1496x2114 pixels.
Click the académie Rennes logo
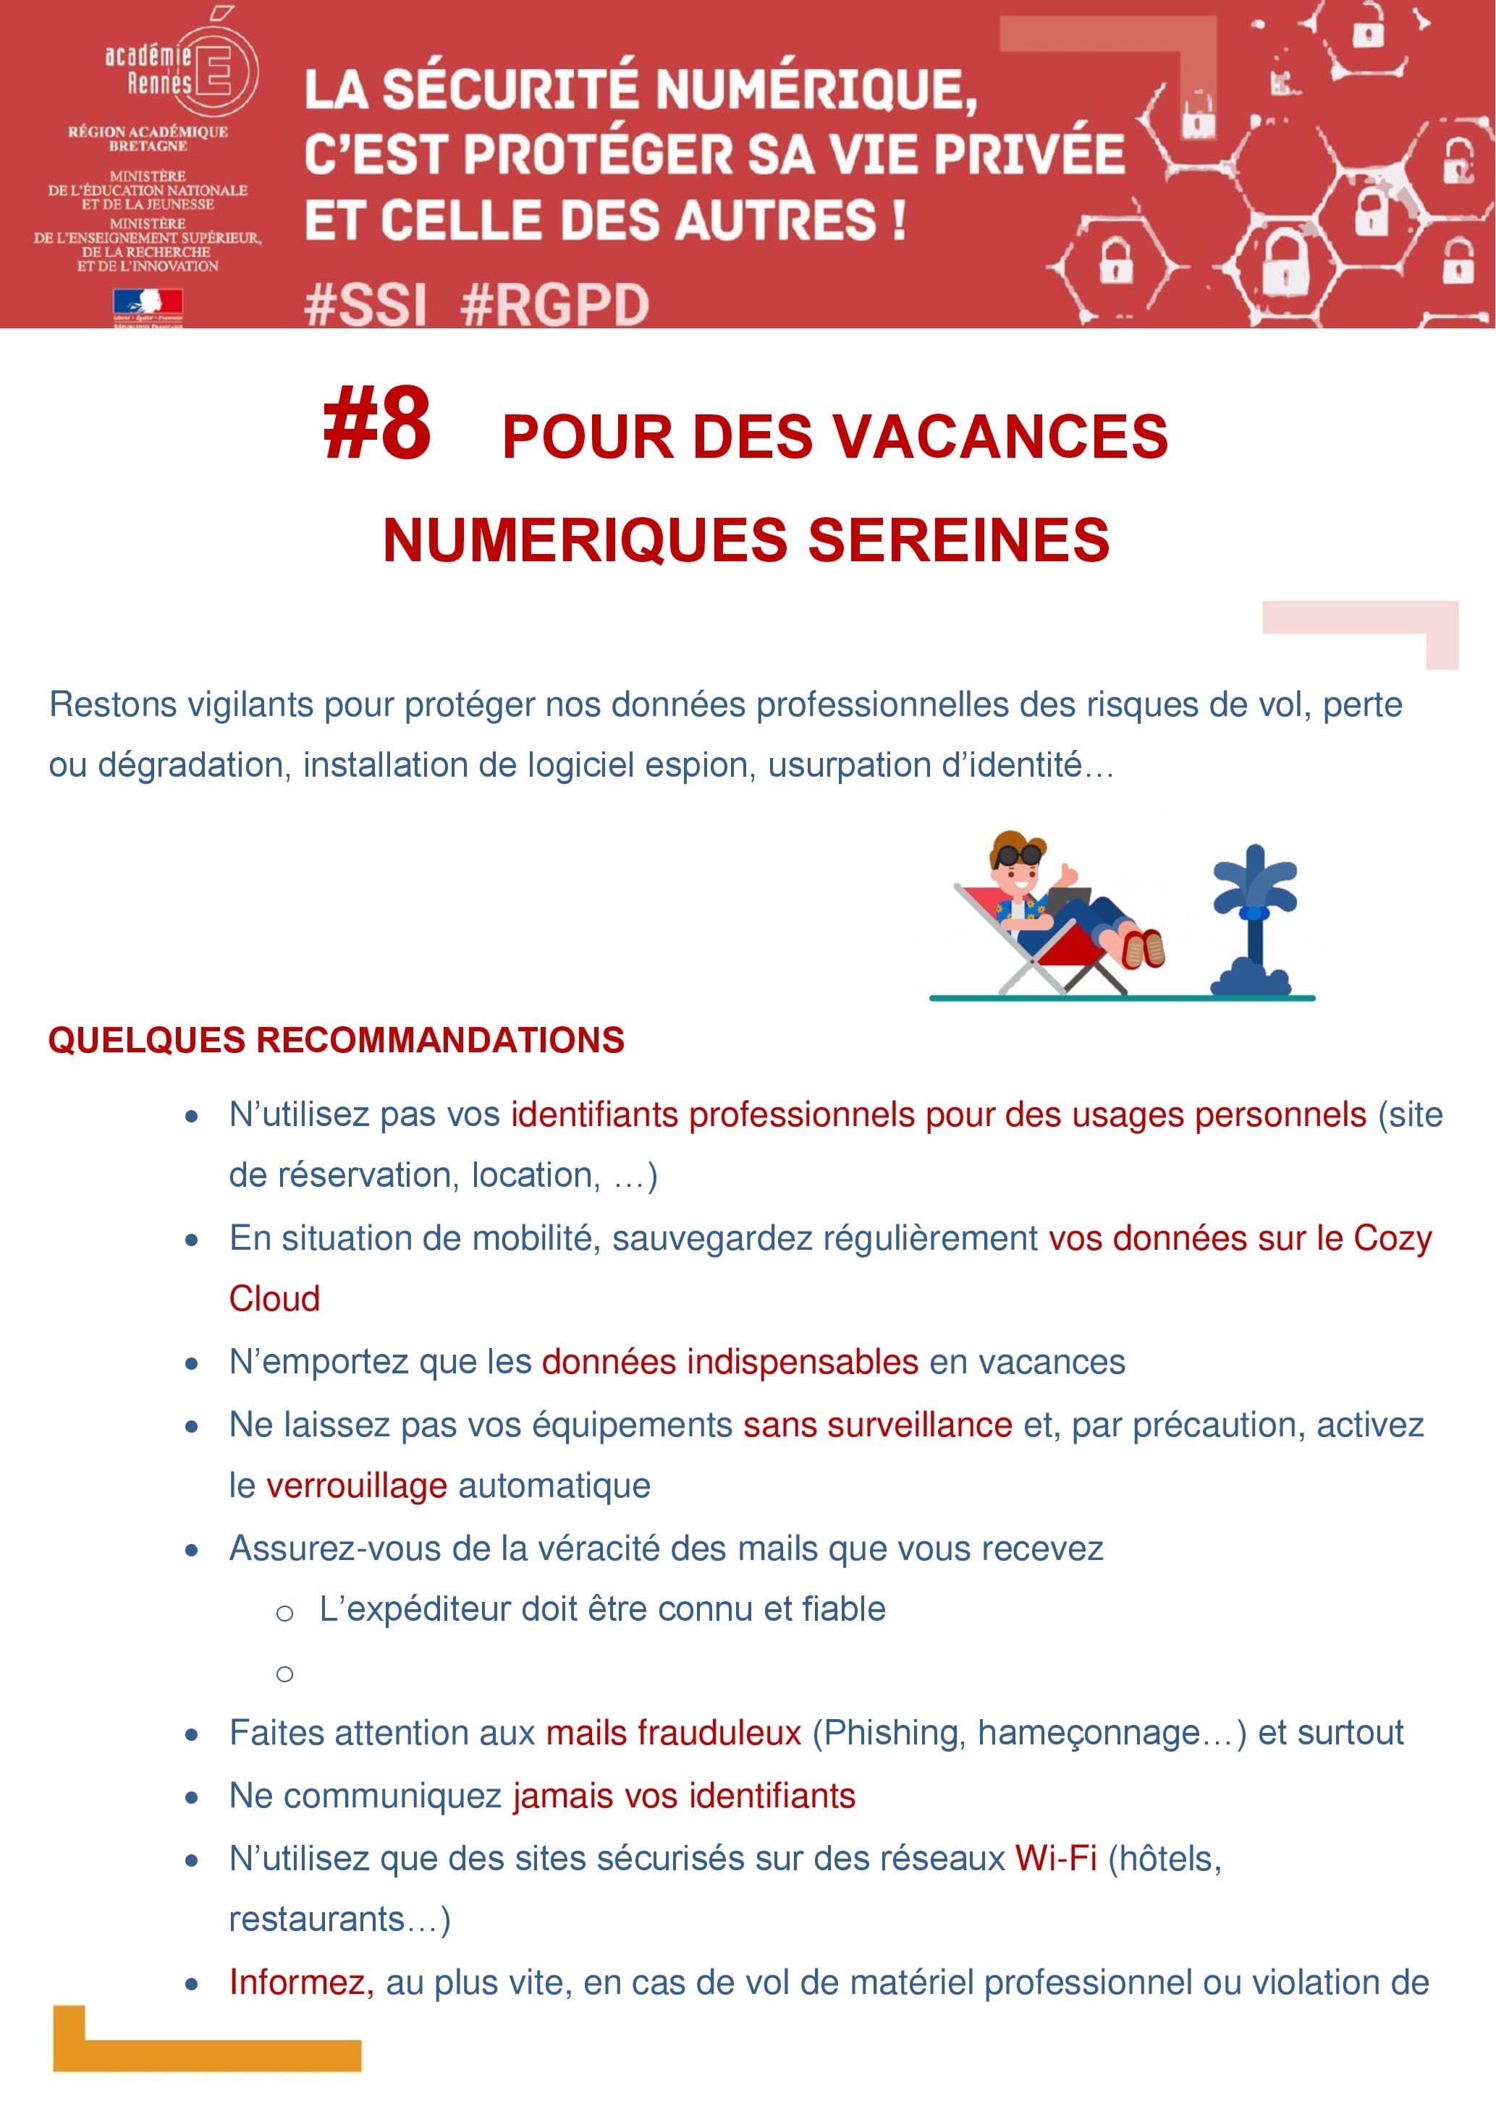click(180, 71)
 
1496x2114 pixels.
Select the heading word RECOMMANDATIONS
click(439, 1041)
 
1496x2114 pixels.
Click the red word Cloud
click(274, 1298)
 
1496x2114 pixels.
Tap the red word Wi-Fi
click(1056, 1859)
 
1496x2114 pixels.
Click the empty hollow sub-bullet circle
click(284, 1674)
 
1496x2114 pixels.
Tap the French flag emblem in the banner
click(148, 302)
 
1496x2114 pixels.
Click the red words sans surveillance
click(878, 1424)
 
